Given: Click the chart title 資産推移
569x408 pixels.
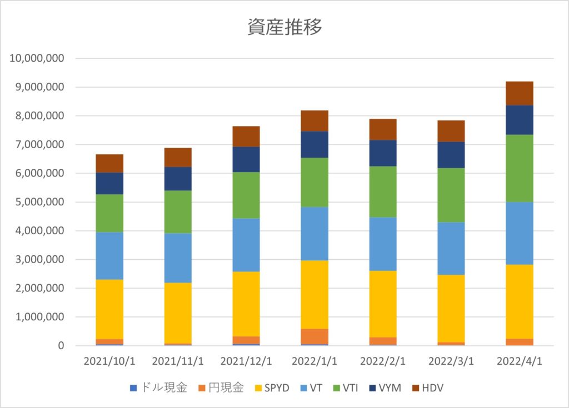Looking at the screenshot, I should [x=284, y=27].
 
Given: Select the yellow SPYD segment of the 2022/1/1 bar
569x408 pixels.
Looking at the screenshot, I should [x=315, y=294].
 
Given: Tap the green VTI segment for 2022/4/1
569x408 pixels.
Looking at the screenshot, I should [x=520, y=168].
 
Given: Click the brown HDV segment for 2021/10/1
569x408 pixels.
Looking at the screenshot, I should [x=109, y=163].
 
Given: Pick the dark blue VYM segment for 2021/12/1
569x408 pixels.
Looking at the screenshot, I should [x=246, y=159].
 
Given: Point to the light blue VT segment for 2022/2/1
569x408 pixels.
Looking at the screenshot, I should [x=383, y=244].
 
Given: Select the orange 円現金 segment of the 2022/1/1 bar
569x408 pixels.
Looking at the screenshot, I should [x=315, y=336].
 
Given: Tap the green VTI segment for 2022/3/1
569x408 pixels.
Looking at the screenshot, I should [x=451, y=195].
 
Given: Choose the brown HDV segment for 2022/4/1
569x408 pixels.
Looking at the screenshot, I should [x=520, y=93].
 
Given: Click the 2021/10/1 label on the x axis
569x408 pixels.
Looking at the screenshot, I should [x=109, y=361].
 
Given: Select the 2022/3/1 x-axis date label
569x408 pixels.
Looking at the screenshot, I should [x=451, y=361].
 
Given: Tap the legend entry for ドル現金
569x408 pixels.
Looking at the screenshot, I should [x=161, y=387].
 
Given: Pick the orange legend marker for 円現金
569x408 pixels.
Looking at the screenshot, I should [x=204, y=387].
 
